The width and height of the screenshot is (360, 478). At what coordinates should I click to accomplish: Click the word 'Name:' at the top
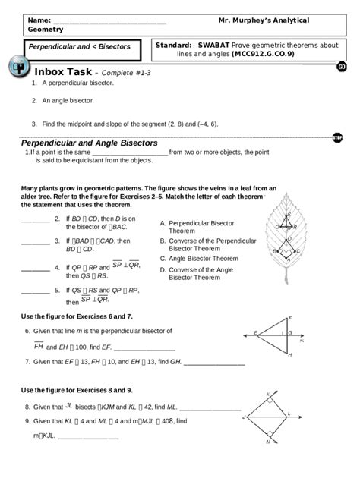[x=39, y=20]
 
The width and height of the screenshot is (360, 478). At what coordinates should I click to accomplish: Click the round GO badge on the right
[x=342, y=68]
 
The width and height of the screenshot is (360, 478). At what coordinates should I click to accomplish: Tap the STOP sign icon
[x=337, y=137]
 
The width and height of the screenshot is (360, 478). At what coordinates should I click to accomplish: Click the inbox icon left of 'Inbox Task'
[x=18, y=68]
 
